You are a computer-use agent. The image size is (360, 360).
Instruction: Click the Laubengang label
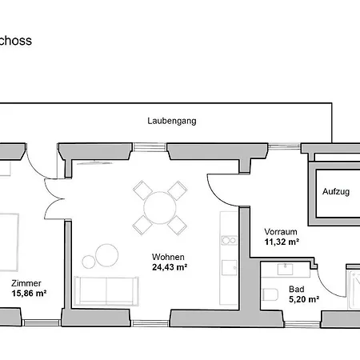(172, 121)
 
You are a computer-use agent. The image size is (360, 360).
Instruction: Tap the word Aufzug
(336, 193)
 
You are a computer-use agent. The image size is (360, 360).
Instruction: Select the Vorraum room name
(281, 231)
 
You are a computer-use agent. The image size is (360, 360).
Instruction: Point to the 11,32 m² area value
(282, 242)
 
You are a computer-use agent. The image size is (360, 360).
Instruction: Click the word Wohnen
(170, 257)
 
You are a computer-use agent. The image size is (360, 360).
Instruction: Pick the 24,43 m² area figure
(170, 267)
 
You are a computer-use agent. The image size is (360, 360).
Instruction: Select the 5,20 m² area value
(303, 300)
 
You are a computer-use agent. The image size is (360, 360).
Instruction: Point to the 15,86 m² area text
(28, 294)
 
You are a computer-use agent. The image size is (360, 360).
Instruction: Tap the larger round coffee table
(106, 255)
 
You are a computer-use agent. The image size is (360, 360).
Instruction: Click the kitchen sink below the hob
(227, 267)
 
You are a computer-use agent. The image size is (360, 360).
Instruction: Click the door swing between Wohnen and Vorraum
(218, 189)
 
